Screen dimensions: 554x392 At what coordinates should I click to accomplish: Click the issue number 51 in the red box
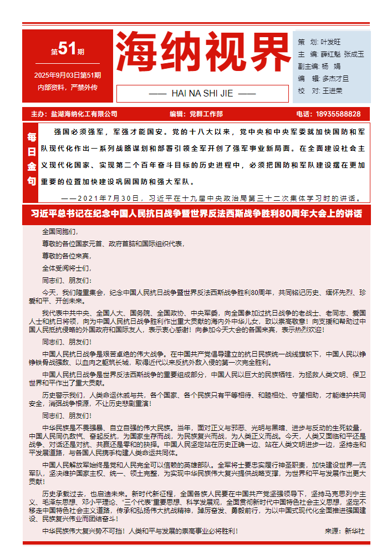tap(67, 50)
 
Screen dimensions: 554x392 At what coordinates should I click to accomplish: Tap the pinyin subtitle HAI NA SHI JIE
tap(202, 93)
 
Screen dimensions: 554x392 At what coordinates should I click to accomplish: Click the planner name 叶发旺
tap(331, 42)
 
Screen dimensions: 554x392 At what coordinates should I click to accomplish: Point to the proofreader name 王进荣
tap(332, 90)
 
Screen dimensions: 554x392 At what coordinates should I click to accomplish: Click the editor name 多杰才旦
tap(335, 78)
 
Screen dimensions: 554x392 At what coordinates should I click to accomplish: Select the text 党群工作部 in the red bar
tap(206, 114)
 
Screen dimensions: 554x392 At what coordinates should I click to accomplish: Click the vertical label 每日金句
tap(32, 159)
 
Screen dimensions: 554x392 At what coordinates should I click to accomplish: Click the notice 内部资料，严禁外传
tap(67, 88)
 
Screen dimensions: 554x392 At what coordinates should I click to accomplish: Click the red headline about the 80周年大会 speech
tap(196, 214)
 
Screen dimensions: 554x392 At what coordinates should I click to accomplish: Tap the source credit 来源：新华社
tap(344, 531)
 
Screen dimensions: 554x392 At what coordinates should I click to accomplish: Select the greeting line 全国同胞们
tap(60, 231)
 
